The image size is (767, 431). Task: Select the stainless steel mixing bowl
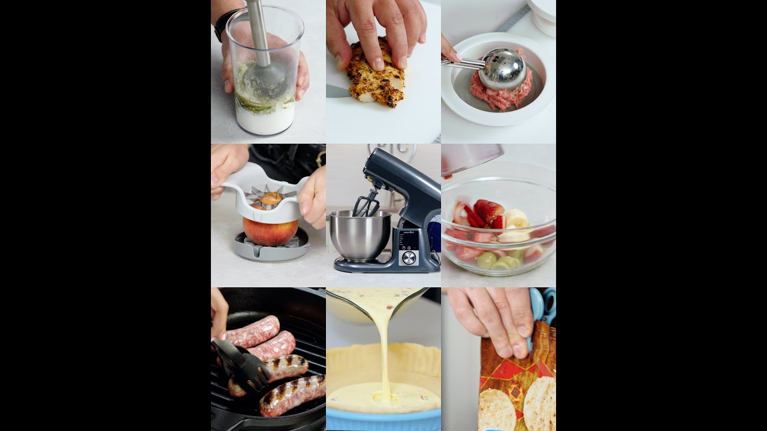(x=360, y=235)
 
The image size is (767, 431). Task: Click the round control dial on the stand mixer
(x=409, y=257)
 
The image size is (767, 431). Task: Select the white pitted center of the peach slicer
(x=270, y=198)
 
